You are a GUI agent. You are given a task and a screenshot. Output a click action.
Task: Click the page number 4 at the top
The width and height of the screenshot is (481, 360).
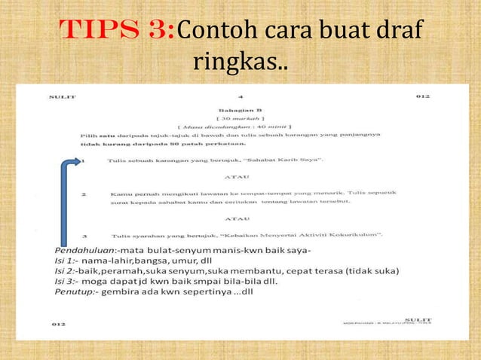click(240, 97)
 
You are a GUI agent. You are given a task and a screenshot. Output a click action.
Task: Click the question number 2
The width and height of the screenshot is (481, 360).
click(84, 194)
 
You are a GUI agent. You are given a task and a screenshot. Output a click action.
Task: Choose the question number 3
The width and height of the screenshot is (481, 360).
click(84, 236)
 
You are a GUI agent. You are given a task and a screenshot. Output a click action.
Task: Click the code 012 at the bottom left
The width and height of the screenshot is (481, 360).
click(59, 323)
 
